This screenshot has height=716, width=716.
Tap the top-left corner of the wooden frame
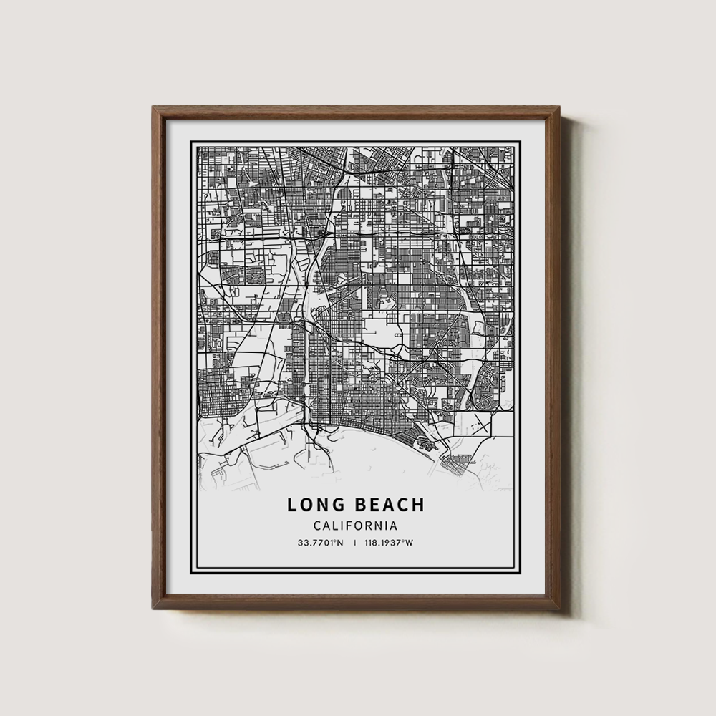pyautogui.click(x=153, y=107)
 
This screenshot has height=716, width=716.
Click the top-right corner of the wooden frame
pyautogui.click(x=561, y=107)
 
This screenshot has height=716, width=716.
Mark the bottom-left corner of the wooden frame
pyautogui.click(x=153, y=609)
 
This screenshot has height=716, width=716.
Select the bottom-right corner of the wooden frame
pyautogui.click(x=561, y=609)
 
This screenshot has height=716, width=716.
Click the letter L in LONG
pyautogui.click(x=292, y=505)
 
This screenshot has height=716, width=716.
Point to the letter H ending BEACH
pyautogui.click(x=419, y=505)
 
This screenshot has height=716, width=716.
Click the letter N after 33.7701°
pyautogui.click(x=341, y=543)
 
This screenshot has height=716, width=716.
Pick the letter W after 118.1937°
pyautogui.click(x=410, y=543)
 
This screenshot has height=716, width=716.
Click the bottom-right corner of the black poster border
pyautogui.click(x=521, y=575)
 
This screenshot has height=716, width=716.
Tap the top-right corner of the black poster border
pyautogui.click(x=521, y=142)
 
